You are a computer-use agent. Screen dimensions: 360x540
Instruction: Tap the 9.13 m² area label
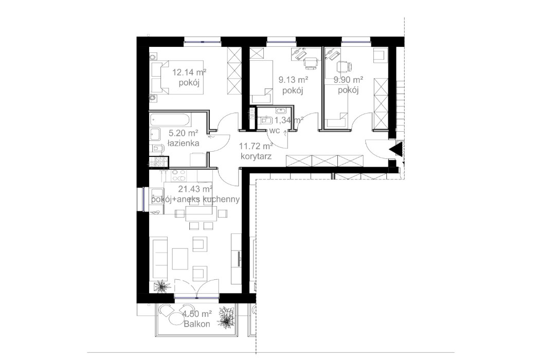coord(293,80)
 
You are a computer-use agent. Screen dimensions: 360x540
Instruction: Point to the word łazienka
coord(184,143)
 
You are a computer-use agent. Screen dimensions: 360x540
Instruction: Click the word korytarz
coord(256,156)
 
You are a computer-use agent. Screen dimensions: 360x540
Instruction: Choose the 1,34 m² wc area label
coord(288,120)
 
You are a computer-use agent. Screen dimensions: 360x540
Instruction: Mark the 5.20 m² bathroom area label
coord(184,134)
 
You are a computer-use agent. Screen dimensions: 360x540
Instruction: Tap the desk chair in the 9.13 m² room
coord(310,63)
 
